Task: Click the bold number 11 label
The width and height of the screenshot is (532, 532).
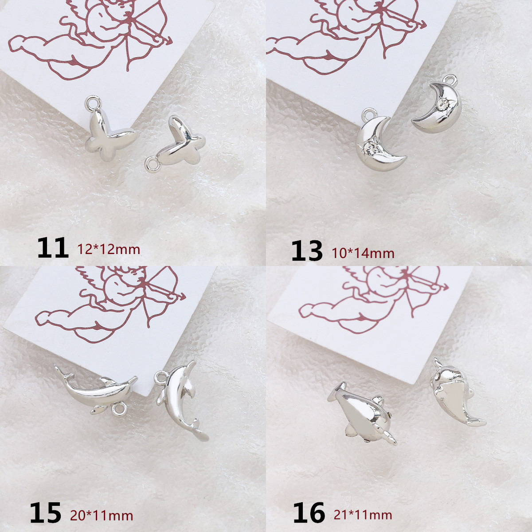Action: [x=53, y=248]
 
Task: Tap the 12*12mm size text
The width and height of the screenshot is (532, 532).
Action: [x=109, y=250]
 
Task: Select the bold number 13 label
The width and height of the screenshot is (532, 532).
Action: [x=307, y=250]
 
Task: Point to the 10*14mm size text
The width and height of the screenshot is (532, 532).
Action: [x=363, y=253]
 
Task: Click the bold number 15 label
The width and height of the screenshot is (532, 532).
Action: [x=46, y=512]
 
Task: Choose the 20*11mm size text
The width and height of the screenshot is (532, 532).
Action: [x=102, y=514]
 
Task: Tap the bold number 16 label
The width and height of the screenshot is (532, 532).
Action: [x=309, y=512]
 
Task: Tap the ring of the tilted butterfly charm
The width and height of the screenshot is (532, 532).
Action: [x=152, y=165]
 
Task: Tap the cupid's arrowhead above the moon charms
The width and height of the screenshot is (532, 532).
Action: [x=422, y=24]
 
